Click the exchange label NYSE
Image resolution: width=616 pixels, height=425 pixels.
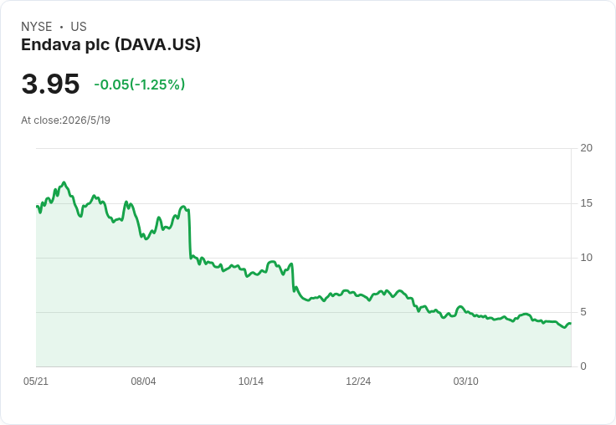click(x=37, y=27)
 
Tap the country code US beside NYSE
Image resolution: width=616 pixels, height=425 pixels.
click(x=79, y=27)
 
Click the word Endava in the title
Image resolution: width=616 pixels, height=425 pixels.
click(x=45, y=44)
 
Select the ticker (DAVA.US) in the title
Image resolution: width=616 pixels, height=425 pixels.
click(x=157, y=44)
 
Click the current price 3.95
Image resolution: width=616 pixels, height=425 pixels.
click(x=51, y=84)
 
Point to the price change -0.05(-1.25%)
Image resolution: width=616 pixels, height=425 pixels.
click(x=140, y=84)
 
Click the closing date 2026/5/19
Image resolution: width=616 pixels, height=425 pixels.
click(x=86, y=120)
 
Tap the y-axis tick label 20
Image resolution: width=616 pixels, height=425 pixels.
click(x=586, y=148)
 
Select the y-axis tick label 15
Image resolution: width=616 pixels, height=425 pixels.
click(x=586, y=203)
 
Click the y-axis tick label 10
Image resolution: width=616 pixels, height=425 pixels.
click(x=586, y=258)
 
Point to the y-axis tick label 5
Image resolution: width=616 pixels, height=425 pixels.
click(x=583, y=312)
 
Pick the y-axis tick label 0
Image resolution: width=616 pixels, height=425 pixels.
click(x=583, y=366)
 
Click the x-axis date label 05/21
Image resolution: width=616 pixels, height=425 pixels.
click(x=36, y=381)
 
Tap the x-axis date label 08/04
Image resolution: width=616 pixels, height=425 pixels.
click(x=143, y=381)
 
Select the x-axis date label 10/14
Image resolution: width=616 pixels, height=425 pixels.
click(x=251, y=381)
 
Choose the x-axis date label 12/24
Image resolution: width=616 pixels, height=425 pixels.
click(x=358, y=381)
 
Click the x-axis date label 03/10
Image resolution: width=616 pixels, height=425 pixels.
click(x=466, y=381)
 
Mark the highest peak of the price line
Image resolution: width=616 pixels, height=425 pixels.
click(x=64, y=182)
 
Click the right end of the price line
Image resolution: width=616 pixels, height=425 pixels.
click(x=571, y=323)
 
